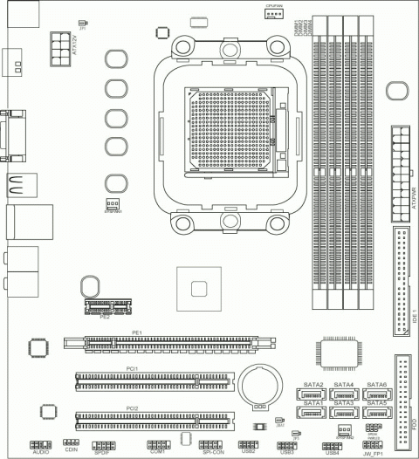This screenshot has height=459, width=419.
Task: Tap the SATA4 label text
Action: tap(344, 385)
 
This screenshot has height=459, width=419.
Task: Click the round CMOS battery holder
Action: tap(259, 382)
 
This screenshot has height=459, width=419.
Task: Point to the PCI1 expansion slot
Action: tap(155, 380)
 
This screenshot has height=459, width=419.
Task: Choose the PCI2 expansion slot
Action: tap(155, 420)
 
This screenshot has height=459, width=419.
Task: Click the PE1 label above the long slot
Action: tap(136, 333)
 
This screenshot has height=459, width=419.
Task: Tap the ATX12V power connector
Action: tap(62, 44)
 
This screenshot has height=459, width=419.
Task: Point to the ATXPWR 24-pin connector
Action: tap(401, 158)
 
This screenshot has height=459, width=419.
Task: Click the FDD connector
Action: tap(402, 396)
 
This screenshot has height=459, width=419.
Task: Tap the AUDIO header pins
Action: tap(40, 444)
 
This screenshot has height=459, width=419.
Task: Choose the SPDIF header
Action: tap(101, 444)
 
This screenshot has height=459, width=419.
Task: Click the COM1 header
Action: tap(158, 444)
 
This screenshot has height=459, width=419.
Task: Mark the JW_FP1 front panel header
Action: tap(374, 444)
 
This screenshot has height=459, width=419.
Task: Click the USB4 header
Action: tap(333, 444)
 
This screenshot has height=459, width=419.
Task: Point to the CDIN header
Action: tap(71, 444)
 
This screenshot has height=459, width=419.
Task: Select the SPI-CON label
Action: tap(213, 453)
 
